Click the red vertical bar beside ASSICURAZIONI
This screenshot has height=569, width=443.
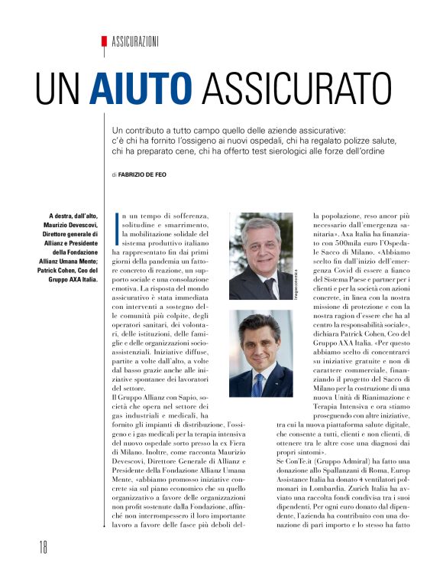click(x=103, y=44)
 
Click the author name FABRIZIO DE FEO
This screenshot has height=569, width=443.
click(x=144, y=175)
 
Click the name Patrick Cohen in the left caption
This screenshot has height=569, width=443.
click(x=56, y=270)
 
